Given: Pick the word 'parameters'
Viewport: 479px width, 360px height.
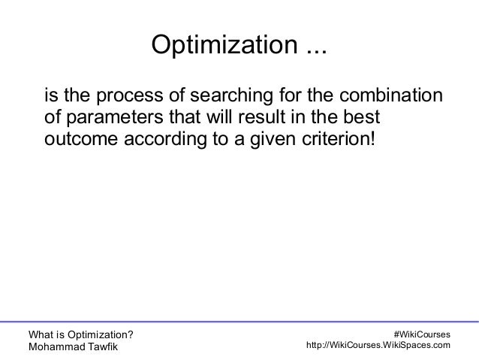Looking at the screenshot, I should pos(109,119).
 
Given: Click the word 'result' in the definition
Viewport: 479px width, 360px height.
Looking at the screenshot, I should pos(264,119).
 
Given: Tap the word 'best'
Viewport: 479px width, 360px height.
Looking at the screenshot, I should pos(361,119).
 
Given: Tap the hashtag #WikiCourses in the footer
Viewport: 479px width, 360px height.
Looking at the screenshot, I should pos(422,333).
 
